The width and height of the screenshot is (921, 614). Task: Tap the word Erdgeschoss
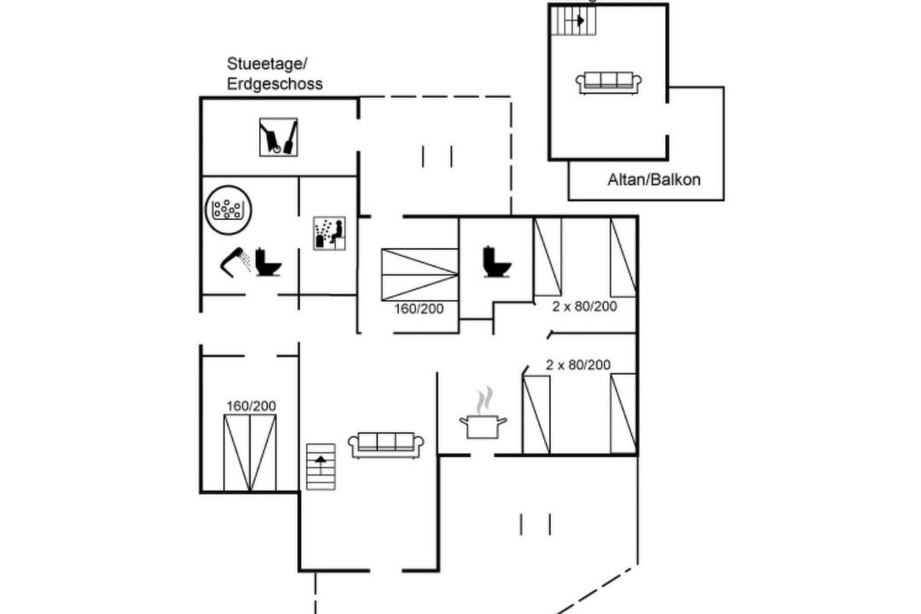click(275, 84)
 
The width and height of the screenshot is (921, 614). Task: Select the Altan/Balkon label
click(654, 180)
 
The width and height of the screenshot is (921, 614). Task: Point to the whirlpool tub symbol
click(227, 207)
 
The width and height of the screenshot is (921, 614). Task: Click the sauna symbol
click(329, 233)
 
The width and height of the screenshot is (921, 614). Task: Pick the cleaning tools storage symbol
click(278, 137)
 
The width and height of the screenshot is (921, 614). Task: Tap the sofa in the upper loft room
click(609, 83)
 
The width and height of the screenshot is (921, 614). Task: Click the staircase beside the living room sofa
click(321, 466)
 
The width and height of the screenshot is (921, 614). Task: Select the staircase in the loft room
click(573, 20)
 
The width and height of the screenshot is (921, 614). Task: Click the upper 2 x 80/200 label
click(584, 306)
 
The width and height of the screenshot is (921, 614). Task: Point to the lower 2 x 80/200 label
click(578, 365)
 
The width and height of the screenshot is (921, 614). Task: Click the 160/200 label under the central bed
click(419, 309)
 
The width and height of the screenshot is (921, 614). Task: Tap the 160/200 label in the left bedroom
click(251, 406)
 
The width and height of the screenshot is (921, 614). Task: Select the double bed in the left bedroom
click(251, 453)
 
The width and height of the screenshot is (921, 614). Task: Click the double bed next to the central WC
click(419, 275)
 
